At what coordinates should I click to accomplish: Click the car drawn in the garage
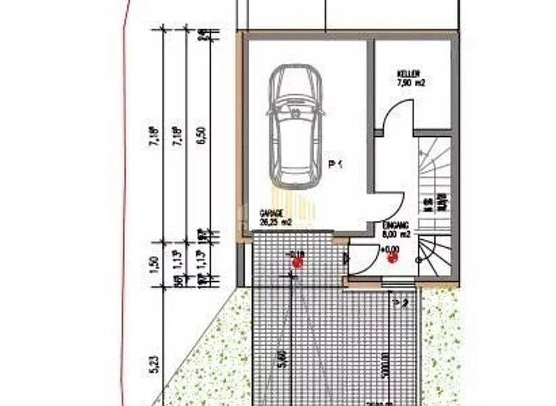pos(295,126)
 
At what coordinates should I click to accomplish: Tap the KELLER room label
pos(408,74)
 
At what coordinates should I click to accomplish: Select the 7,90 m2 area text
pos(411,83)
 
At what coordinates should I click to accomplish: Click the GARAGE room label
pos(270,214)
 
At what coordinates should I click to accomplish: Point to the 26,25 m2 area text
pos(275,223)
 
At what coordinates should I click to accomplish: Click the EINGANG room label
pos(396,226)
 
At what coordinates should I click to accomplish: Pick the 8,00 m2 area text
pos(396,234)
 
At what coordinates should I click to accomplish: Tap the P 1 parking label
pos(335,165)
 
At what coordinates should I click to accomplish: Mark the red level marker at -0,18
pos(298,262)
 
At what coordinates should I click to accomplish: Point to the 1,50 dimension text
pos(153,263)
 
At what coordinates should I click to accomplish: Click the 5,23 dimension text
pos(153,362)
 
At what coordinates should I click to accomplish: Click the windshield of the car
pos(294,106)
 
